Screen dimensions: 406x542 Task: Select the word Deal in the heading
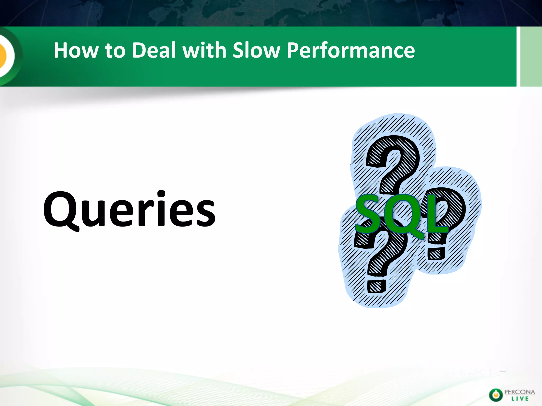click(x=154, y=50)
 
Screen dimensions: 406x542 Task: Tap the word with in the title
click(x=204, y=50)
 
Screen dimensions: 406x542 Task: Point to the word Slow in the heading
click(x=256, y=50)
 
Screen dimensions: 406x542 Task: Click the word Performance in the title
click(x=351, y=51)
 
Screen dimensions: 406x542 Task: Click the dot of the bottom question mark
click(x=376, y=287)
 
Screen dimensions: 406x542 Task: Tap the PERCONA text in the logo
click(x=520, y=392)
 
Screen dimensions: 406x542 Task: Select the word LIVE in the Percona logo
click(x=520, y=399)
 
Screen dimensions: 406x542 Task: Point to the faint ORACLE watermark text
click(x=479, y=372)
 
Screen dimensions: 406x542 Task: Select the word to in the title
click(x=115, y=50)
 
